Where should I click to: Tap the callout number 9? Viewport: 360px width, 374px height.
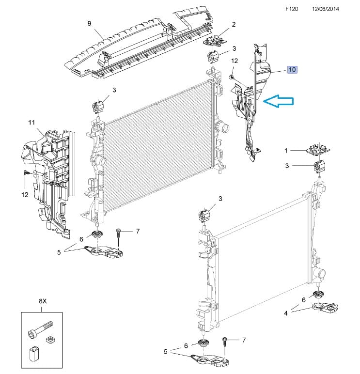[89, 23]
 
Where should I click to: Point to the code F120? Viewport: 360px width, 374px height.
[293, 9]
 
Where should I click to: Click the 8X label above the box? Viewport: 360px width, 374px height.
[43, 302]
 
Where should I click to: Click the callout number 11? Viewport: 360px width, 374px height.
[32, 123]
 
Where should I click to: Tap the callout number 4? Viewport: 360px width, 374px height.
[286, 313]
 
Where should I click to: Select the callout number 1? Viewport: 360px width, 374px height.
[286, 151]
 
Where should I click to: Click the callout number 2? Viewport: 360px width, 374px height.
[234, 24]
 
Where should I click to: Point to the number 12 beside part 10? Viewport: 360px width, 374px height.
[235, 61]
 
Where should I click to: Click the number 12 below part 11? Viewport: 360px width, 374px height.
[24, 195]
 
